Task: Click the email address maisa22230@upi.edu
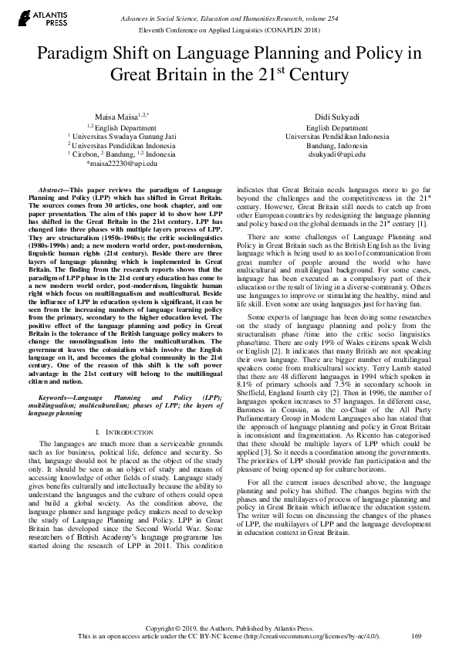click(x=123, y=164)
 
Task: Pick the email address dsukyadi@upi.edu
click(x=336, y=154)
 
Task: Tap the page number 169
click(x=417, y=635)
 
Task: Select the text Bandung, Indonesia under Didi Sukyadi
click(x=336, y=145)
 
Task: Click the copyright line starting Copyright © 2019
click(x=229, y=627)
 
